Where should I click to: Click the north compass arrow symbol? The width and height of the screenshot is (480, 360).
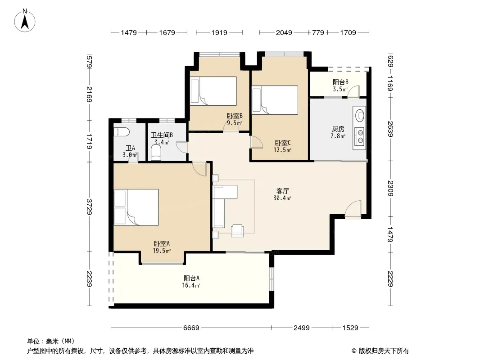[x=25, y=21]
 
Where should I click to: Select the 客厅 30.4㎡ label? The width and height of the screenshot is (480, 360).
[x=282, y=194]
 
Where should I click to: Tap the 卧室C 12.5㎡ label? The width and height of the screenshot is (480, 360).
[x=282, y=146]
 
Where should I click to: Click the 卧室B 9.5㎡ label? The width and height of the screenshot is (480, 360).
[x=235, y=119]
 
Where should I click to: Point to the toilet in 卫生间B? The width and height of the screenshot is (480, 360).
[x=156, y=152]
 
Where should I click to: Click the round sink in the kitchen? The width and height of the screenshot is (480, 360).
[x=360, y=115]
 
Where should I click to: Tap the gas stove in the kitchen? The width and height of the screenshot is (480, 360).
[x=359, y=136]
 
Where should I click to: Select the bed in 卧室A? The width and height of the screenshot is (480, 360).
[x=136, y=207]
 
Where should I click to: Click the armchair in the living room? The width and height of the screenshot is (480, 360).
[x=237, y=230]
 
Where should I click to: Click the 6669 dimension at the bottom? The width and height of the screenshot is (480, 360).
[x=191, y=328]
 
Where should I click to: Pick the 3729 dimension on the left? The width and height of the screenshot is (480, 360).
[x=89, y=207]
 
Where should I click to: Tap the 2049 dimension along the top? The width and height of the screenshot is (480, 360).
[x=284, y=32]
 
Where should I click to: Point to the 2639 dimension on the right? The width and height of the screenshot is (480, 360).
[x=390, y=129]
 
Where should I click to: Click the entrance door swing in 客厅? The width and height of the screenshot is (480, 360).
[x=353, y=209]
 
